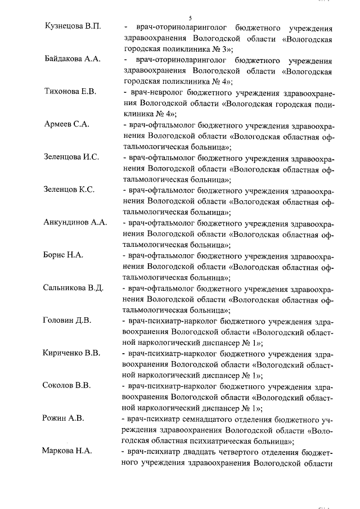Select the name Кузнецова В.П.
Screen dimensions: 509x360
tap(71, 28)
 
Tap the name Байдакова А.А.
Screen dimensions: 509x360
tap(71, 60)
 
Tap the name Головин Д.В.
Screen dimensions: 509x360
tap(67, 321)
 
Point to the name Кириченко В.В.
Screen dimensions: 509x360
tap(71, 353)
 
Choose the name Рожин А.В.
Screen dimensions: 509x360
tap(63, 418)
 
